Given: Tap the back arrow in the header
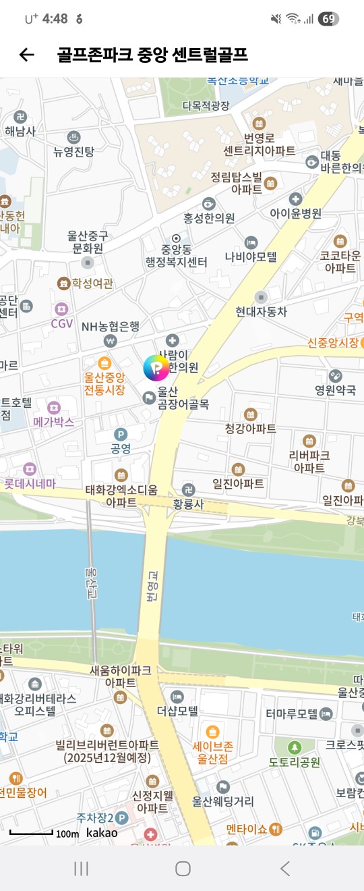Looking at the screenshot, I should point(26,55).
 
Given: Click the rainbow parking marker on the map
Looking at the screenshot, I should point(156,368).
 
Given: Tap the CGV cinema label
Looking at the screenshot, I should point(62,323).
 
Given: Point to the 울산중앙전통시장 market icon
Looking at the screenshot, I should point(104,363).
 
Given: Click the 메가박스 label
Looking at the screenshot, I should point(53,422).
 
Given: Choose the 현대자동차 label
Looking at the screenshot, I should point(261,311).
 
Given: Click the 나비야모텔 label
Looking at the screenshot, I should point(251,257).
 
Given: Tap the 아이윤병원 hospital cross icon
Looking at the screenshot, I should point(295,199).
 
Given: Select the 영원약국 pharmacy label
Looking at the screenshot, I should point(335,389).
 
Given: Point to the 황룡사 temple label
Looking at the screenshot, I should point(188,503).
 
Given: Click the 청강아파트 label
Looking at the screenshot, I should point(250,428).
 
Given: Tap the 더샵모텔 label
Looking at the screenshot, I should point(177,711).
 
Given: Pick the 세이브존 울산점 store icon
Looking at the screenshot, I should point(212,732).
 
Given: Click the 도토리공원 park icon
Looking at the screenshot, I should point(295,747).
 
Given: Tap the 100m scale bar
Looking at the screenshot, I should point(32,833).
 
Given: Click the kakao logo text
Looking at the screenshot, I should point(102,832).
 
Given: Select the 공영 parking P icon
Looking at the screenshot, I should point(121,434).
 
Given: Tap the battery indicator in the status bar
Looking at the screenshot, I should point(328,19).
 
